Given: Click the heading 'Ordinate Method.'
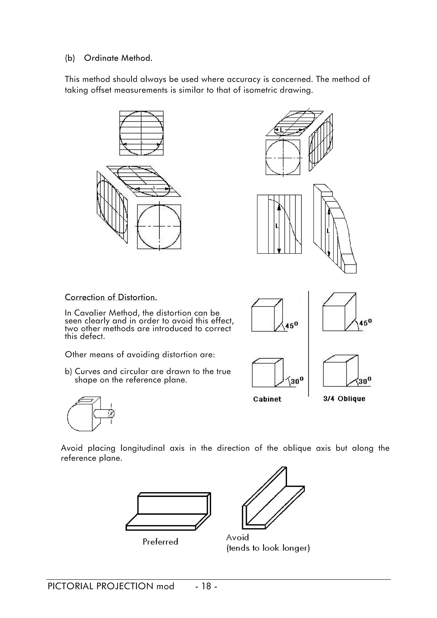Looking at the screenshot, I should point(118,58).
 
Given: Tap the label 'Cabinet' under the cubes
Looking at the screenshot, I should point(267,399).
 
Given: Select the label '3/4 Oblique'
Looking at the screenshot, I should point(344,399).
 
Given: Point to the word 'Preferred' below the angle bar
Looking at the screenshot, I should point(160,542).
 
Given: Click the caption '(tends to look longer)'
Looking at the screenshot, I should point(268,548).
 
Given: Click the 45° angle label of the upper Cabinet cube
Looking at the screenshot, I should point(292,326).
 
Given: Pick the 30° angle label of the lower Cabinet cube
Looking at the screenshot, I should point(297,381).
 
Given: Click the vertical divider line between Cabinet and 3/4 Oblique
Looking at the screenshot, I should point(309,345).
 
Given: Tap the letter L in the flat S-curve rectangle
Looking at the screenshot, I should point(277,226).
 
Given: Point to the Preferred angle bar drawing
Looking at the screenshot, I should point(168,511).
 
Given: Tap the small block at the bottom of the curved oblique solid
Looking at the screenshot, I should point(350,268).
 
